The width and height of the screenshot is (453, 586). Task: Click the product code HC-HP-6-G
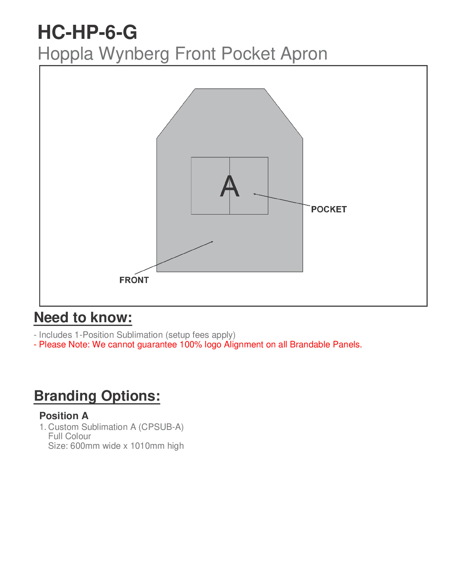click(x=87, y=32)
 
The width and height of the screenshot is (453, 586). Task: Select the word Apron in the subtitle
click(x=303, y=54)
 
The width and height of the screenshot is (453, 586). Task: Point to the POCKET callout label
click(x=329, y=209)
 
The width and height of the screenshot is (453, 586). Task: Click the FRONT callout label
click(x=134, y=280)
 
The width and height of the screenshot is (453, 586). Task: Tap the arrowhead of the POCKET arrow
click(x=255, y=194)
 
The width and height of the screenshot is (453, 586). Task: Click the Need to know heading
click(x=83, y=318)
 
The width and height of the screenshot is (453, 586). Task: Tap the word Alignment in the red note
click(x=244, y=344)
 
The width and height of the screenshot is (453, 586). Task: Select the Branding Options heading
click(x=97, y=396)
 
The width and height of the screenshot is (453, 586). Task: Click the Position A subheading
click(x=64, y=416)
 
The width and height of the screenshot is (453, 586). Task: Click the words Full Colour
click(x=70, y=436)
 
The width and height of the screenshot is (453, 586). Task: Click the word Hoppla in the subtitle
click(x=66, y=54)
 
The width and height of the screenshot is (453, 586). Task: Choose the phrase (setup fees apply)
click(x=200, y=335)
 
